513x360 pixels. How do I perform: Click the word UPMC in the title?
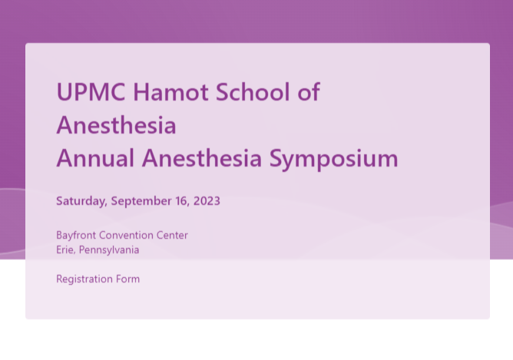91,92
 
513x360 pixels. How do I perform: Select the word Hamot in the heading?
170,92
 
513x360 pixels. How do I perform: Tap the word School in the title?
253,92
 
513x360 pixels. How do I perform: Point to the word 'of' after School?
309,92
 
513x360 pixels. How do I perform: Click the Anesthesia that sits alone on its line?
117,125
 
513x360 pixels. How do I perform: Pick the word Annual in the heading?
95,158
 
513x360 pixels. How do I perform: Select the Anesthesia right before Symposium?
202,158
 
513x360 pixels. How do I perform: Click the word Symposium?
334,159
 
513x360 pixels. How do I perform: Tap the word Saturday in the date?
82,201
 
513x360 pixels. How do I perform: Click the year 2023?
207,201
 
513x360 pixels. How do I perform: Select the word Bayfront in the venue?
76,236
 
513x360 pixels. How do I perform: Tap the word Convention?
126,235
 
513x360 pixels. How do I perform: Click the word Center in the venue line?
172,235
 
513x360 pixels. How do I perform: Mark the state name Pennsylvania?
109,250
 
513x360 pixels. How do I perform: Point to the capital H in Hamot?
141,92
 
